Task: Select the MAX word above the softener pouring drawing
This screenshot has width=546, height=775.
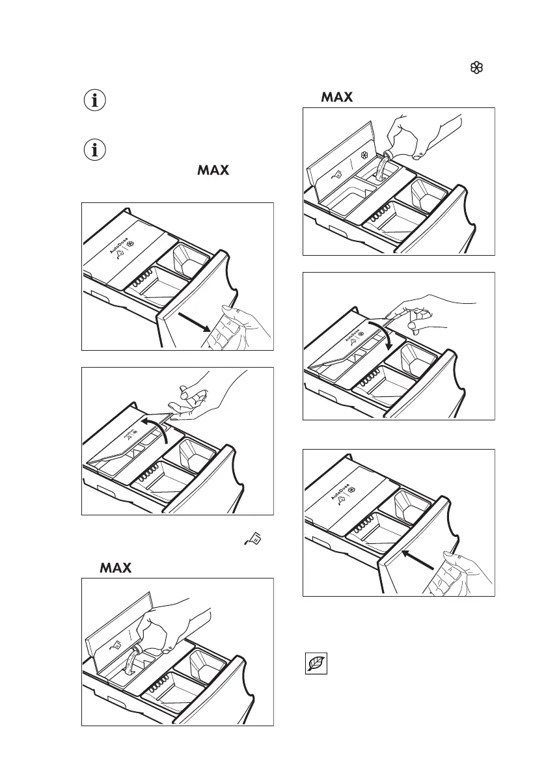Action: (x=336, y=98)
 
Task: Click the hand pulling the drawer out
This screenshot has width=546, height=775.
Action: (x=238, y=329)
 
